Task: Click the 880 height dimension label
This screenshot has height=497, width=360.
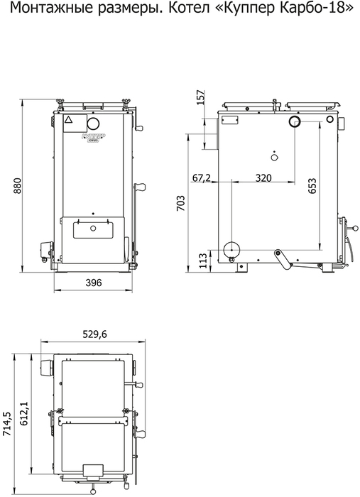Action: (x=17, y=186)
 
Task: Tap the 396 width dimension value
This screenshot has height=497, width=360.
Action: (x=94, y=282)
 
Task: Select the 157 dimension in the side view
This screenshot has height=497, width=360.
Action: (x=201, y=98)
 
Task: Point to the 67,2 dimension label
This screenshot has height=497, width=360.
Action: (x=201, y=177)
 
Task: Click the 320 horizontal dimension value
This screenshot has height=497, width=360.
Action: (x=263, y=177)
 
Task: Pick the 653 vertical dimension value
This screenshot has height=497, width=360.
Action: (x=312, y=186)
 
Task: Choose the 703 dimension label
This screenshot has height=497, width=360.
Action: (x=180, y=203)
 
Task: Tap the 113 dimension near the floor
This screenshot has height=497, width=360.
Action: (x=203, y=261)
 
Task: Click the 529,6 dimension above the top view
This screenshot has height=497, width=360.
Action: (x=94, y=334)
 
